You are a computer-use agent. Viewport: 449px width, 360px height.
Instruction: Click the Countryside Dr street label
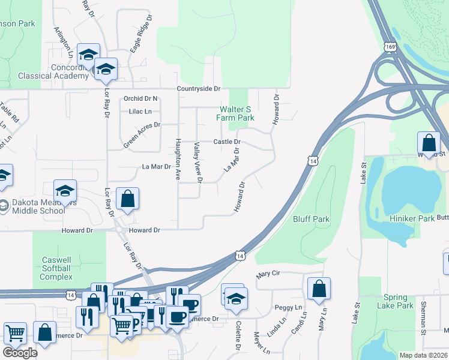pos(199,89)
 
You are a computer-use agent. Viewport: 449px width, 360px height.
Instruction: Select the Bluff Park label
pos(311,219)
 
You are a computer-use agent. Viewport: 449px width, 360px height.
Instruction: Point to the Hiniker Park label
pos(411,218)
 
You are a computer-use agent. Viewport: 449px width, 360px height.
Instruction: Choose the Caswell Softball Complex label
pos(56,268)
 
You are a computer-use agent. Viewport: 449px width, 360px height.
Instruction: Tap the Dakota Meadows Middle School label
pos(36,206)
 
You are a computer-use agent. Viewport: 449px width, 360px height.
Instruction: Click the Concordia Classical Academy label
pos(45,71)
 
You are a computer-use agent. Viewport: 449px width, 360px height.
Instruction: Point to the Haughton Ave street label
pos(178,159)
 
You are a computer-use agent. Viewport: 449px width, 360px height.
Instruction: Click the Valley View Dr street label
pos(197,162)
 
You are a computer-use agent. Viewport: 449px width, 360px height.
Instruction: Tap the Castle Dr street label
pos(228,142)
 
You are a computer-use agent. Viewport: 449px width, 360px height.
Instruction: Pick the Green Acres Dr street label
pos(142,134)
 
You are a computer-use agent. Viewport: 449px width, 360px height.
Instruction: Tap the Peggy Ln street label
pos(287,307)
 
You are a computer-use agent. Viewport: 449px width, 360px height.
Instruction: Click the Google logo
pos(20,353)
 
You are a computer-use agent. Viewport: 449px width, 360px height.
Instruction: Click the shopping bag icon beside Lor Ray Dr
pos(128,199)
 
